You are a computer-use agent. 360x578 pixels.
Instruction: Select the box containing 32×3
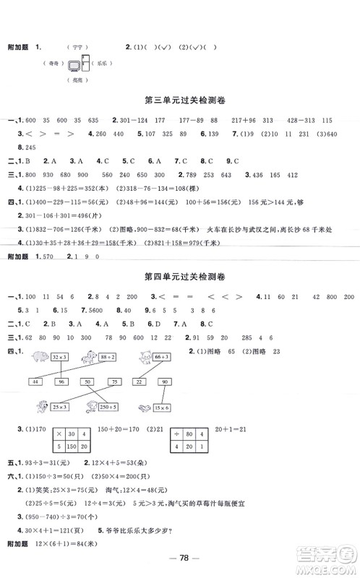(x=59, y=356)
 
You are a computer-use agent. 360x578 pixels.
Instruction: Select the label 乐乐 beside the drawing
(x=103, y=64)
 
